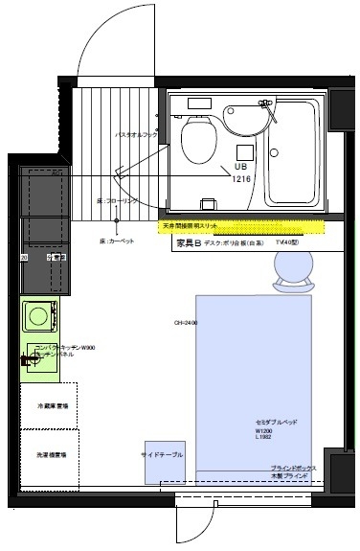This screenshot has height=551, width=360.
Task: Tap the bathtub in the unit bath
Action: (x=296, y=152)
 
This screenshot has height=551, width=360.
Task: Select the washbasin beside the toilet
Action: (x=246, y=120)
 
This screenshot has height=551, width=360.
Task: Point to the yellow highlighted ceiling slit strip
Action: (x=239, y=228)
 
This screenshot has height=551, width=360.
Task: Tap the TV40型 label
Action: (x=287, y=243)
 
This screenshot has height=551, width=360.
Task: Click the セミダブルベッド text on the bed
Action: (x=277, y=422)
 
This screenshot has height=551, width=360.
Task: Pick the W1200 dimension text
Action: (x=263, y=431)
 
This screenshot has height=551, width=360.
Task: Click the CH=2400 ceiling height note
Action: (x=185, y=321)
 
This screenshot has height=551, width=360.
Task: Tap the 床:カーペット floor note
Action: (x=116, y=242)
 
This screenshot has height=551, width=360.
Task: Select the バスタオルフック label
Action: (x=136, y=135)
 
